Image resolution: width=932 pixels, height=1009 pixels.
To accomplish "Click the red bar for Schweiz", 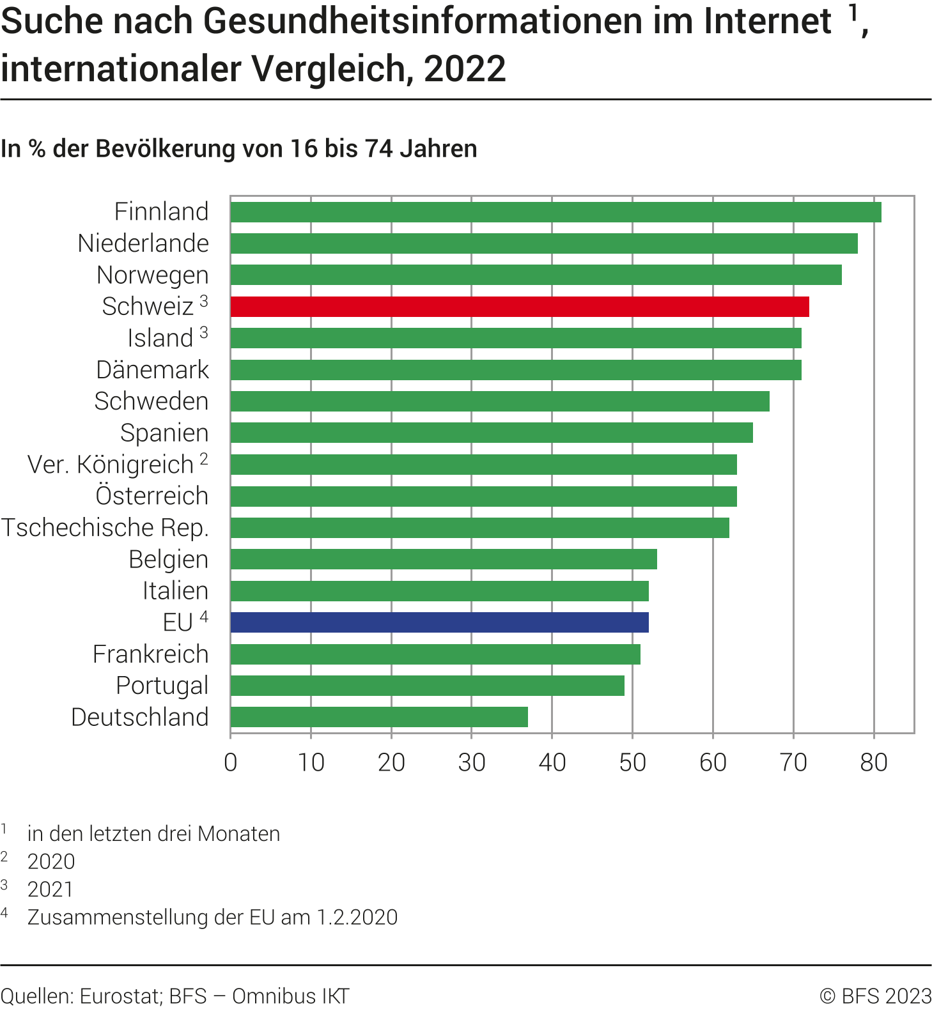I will tap(519, 307).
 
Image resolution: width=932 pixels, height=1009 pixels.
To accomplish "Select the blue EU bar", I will tap(439, 622).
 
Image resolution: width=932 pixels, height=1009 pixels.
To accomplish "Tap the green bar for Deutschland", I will tap(379, 717).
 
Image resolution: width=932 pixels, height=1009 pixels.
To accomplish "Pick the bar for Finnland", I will tap(555, 212).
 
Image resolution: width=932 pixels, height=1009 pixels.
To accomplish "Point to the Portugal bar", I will tap(427, 686).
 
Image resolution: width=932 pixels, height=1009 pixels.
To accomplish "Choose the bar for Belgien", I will tap(444, 559).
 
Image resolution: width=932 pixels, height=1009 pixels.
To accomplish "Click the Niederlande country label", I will tap(143, 243).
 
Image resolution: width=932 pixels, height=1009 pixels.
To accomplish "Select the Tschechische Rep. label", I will tap(105, 528).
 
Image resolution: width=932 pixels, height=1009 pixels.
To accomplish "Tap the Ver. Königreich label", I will tap(111, 465).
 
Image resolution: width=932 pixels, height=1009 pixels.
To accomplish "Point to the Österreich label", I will tap(152, 496).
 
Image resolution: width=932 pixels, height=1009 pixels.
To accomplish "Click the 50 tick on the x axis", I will tap(632, 762).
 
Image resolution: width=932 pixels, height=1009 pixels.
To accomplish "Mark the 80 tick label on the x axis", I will tap(873, 762).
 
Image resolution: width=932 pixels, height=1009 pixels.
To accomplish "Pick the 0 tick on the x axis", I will tap(231, 762).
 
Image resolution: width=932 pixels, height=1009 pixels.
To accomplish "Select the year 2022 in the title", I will tap(465, 69).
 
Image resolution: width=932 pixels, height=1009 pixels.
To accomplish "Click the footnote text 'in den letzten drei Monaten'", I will tap(153, 834).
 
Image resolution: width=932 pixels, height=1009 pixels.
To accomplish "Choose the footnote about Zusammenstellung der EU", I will tap(212, 917).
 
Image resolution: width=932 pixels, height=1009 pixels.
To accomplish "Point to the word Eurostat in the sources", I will tap(120, 996).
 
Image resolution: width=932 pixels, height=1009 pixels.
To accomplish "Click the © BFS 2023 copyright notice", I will tap(875, 996).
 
